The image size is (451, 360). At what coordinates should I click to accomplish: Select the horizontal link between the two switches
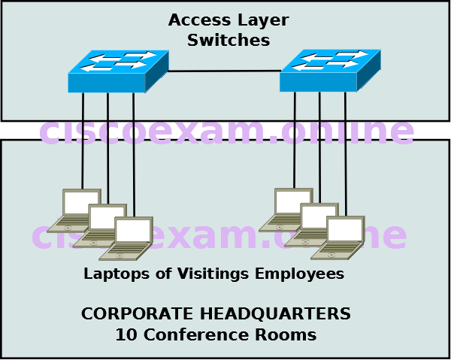[224, 71]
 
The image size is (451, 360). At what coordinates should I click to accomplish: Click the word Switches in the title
[229, 41]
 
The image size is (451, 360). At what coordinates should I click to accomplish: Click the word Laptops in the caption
[114, 274]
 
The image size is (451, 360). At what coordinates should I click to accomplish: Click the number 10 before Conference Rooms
[124, 334]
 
